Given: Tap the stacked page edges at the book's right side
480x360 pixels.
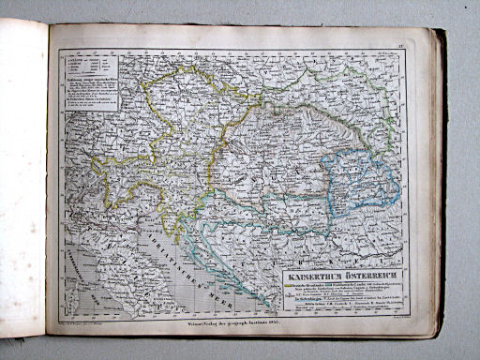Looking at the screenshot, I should pos(438,187).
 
